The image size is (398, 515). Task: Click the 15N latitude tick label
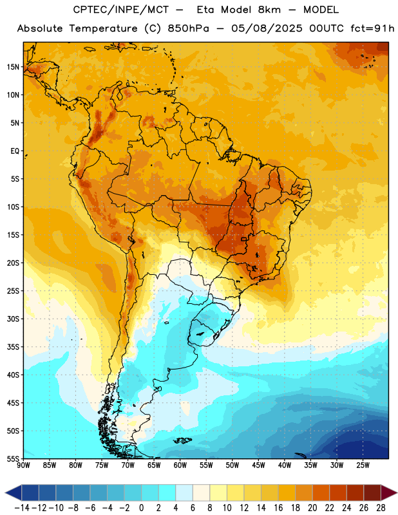click(14, 67)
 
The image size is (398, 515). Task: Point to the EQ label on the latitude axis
click(15, 151)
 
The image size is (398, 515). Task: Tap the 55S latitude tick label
click(14, 459)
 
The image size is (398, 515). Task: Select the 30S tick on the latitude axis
click(14, 319)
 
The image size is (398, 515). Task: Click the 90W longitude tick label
click(23, 465)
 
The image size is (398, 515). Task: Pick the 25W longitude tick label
click(363, 465)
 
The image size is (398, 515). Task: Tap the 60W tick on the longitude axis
click(180, 465)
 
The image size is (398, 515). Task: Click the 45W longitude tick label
click(258, 465)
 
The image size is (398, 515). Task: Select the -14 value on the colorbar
click(22, 508)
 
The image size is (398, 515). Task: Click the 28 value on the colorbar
click(381, 508)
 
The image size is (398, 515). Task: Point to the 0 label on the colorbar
click(141, 508)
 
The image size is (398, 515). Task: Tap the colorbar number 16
click(278, 508)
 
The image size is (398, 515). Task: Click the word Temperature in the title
click(103, 28)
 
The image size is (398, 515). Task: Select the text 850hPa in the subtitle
click(188, 28)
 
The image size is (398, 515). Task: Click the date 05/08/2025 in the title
click(267, 28)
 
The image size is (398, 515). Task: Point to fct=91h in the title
click(372, 28)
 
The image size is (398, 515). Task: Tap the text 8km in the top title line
click(269, 10)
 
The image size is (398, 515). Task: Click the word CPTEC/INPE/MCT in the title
click(121, 10)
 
